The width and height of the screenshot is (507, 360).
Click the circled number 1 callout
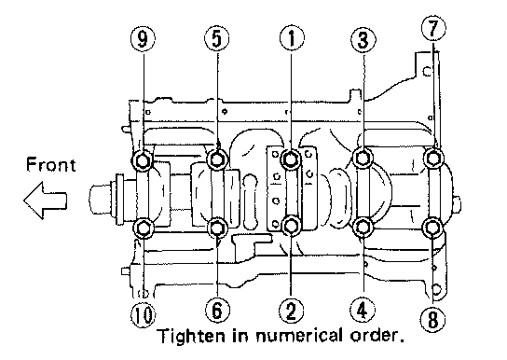(x=292, y=38)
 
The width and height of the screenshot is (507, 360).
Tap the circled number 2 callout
(x=291, y=311)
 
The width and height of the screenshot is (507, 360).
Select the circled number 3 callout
(x=363, y=40)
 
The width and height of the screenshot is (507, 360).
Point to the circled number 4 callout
(x=363, y=310)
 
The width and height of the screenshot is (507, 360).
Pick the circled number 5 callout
(x=216, y=38)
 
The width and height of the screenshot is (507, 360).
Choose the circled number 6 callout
(x=217, y=310)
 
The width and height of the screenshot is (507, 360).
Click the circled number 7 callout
(x=433, y=29)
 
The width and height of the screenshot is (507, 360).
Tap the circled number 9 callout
(x=143, y=38)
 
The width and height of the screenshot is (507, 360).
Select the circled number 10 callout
(x=143, y=314)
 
